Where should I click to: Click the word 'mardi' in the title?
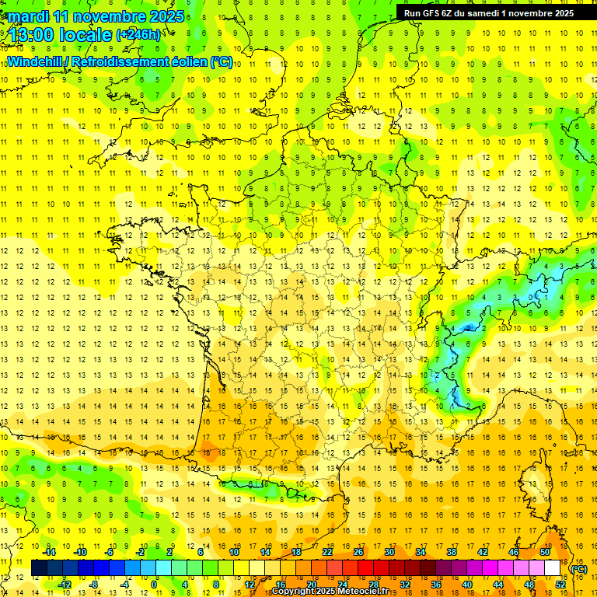pos(27,16)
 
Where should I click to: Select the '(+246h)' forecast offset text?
pos(138,34)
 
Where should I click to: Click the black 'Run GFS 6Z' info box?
pos(489,12)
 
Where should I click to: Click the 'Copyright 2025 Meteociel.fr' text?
pos(334,592)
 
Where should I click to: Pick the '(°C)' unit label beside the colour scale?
pos(578,569)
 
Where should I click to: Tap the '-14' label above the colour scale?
pos(50,552)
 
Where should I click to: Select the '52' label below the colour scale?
pos(560,585)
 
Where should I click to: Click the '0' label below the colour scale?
pos(154,585)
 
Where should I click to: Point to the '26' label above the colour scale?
pos(358,552)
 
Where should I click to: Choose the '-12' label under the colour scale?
pos(65,585)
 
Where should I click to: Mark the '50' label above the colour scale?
pos(544,552)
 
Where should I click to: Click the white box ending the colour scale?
pos(553,568)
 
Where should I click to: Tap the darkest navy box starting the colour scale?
pos(39,568)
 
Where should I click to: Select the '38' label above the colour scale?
pos(451,552)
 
